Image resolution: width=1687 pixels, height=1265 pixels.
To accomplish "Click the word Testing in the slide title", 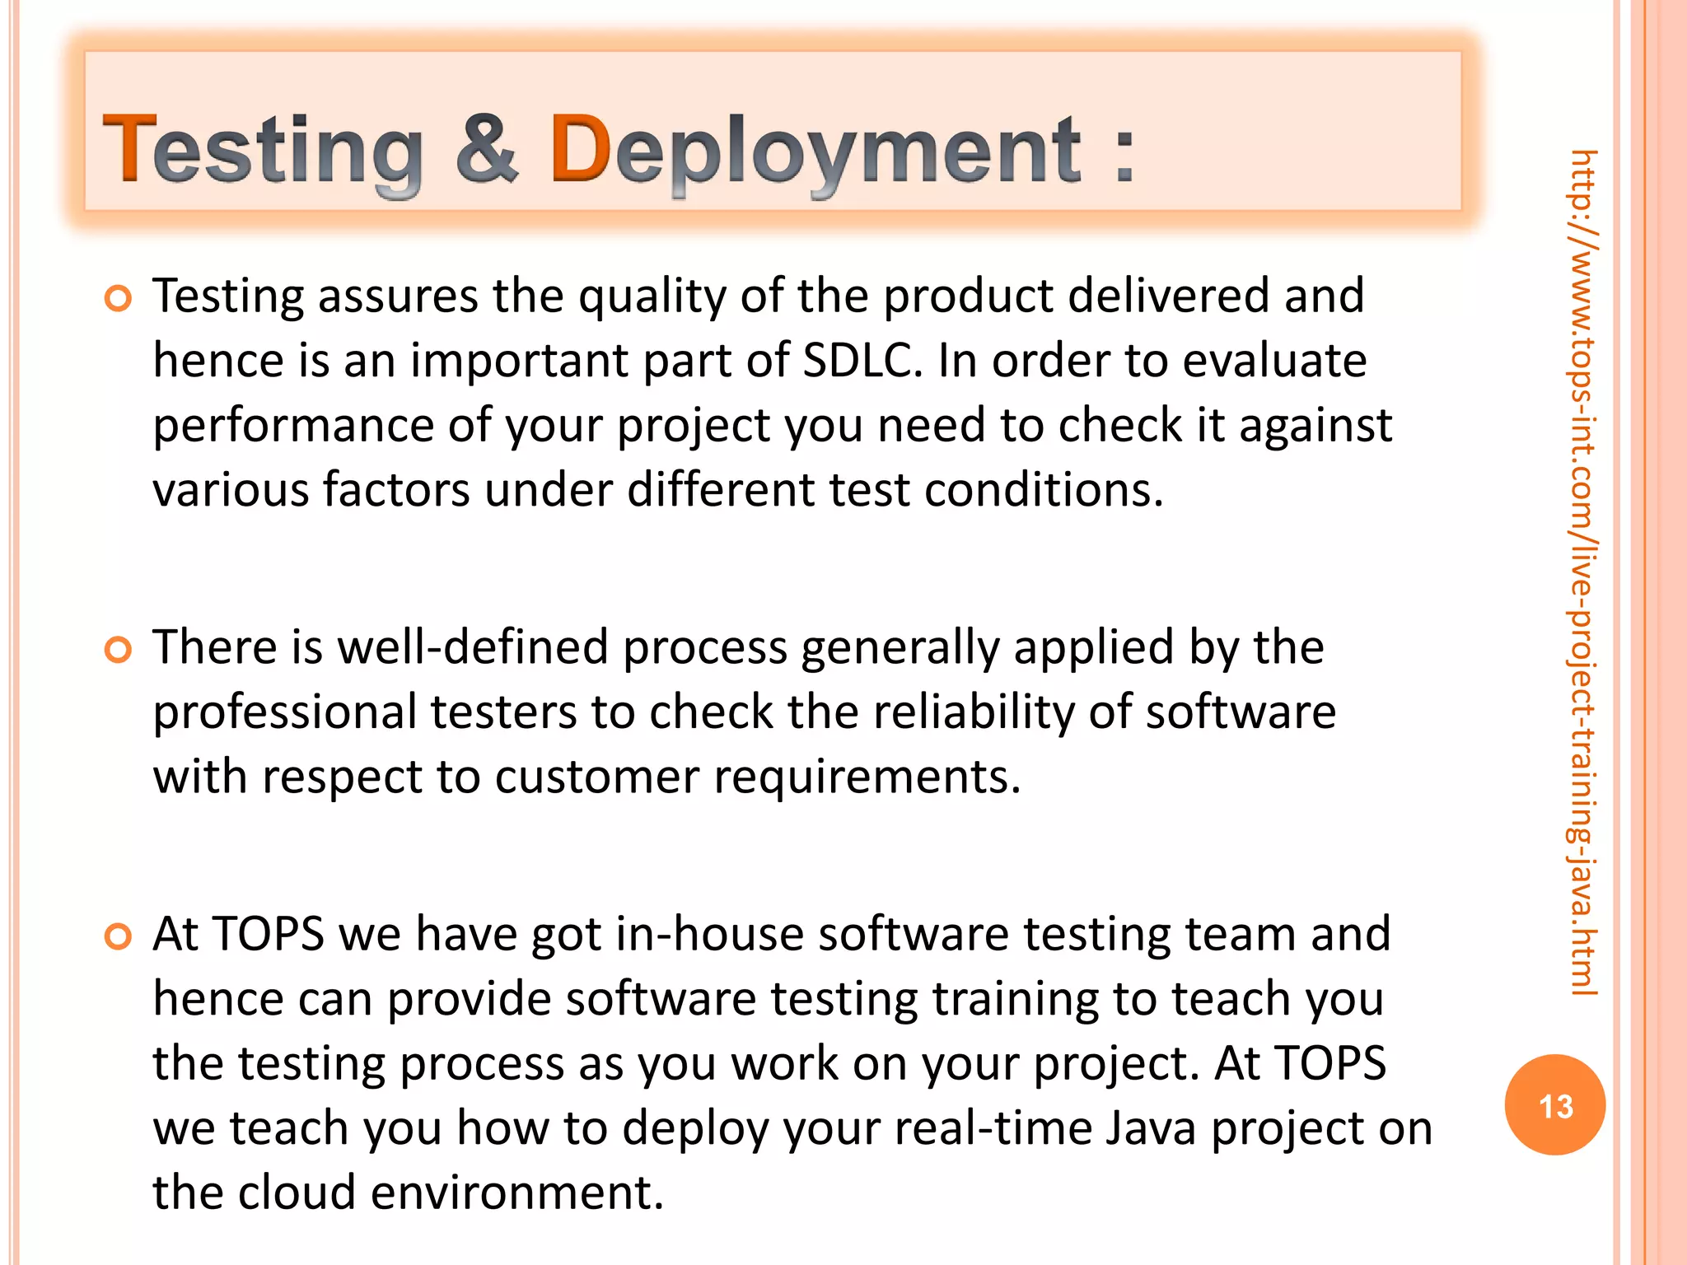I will pyautogui.click(x=262, y=151).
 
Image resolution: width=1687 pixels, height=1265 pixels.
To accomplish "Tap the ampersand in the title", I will pyautogui.click(x=488, y=149).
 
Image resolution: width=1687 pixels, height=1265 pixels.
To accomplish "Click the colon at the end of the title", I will pyautogui.click(x=1124, y=152).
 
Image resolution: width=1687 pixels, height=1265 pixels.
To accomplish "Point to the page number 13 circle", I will pyautogui.click(x=1554, y=1105).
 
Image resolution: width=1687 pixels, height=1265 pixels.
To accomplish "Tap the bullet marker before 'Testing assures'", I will pyautogui.click(x=119, y=298).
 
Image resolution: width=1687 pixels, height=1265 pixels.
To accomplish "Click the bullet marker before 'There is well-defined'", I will pyautogui.click(x=119, y=650).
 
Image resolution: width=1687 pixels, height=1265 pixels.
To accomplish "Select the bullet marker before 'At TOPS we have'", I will pyautogui.click(x=119, y=936).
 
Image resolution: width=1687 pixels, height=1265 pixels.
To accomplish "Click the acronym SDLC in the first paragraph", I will pyautogui.click(x=862, y=361).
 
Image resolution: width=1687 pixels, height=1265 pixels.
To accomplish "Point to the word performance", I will pyautogui.click(x=293, y=427).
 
